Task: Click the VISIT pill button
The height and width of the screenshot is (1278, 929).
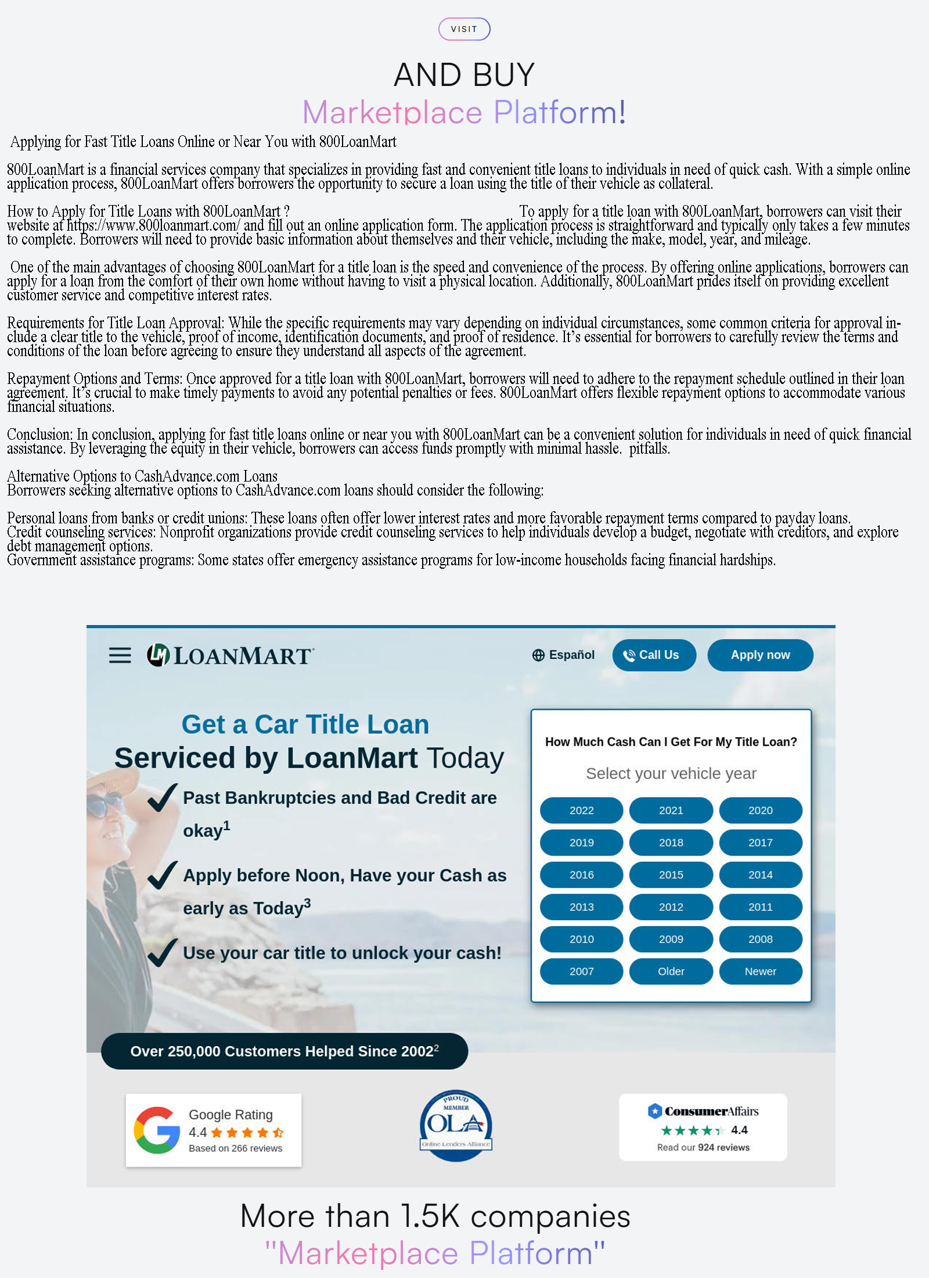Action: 464,29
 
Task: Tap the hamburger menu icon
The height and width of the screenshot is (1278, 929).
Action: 120,655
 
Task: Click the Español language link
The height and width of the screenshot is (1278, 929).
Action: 563,655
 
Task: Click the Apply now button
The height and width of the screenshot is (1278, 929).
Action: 759,655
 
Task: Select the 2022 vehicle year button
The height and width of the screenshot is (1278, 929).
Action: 581,810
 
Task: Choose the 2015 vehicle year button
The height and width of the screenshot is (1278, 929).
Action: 671,875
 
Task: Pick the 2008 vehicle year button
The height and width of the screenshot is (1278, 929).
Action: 760,939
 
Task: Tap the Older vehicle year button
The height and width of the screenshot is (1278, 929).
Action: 671,971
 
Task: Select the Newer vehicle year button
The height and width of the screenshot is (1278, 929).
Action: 760,971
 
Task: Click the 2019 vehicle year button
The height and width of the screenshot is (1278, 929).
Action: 581,842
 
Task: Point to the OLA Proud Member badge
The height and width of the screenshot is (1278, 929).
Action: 456,1125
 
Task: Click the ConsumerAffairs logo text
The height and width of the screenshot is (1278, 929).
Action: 711,1111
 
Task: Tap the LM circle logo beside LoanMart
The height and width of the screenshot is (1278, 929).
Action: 158,655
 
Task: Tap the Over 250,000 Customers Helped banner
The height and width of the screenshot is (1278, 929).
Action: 284,1051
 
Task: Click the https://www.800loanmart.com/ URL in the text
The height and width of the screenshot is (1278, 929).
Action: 153,225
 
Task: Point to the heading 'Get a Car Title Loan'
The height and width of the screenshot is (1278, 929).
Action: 305,724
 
